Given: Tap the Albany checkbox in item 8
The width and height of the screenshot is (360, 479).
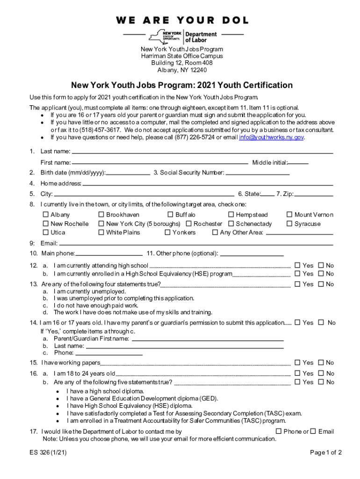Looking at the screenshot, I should click(x=46, y=215).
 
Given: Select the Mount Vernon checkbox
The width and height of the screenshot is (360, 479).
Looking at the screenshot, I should click(x=289, y=215).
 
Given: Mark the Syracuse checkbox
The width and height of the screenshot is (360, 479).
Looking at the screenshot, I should click(x=289, y=224).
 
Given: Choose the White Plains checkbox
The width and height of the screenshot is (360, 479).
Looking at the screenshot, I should click(x=101, y=232).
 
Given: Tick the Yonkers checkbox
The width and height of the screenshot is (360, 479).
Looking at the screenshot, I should click(x=167, y=232).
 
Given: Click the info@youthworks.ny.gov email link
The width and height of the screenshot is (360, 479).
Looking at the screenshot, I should click(x=271, y=138).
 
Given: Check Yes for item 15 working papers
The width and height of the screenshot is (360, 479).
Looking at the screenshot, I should click(x=297, y=363).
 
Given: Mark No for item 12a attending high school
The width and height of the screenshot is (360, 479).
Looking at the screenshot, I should click(x=321, y=265).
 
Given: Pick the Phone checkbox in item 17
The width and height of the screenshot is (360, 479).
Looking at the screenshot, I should click(x=278, y=431).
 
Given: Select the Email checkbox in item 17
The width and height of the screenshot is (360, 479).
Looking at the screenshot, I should click(x=313, y=431).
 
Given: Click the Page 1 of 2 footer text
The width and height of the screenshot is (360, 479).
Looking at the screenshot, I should click(x=326, y=452).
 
